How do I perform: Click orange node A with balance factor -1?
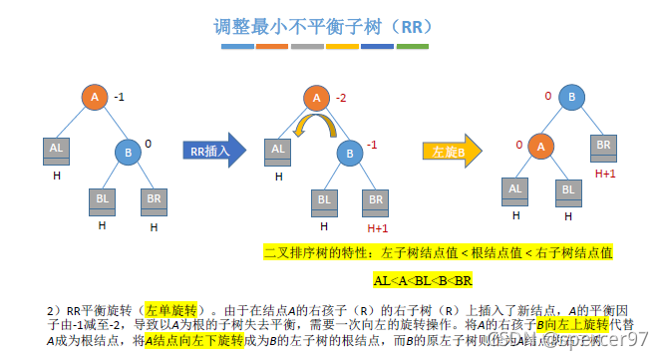(95, 97)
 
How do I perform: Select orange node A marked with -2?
(317, 98)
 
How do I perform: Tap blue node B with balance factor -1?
(350, 153)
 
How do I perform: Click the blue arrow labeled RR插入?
(212, 151)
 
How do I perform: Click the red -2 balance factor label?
(341, 98)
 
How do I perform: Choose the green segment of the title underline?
(412, 46)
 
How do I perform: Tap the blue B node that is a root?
(572, 98)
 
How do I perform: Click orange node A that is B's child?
(539, 146)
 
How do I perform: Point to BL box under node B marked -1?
(325, 198)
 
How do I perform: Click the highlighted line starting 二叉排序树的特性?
(437, 253)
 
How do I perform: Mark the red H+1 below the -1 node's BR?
(377, 227)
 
